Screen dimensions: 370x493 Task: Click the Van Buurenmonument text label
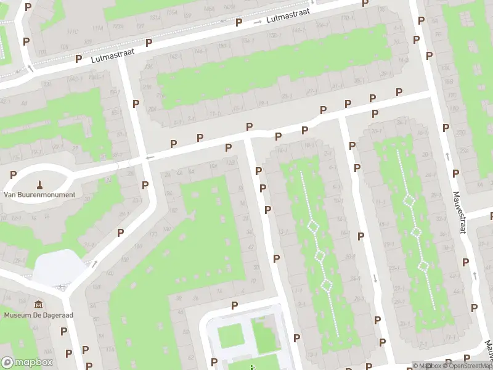pyautogui.click(x=39, y=195)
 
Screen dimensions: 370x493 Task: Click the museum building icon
pyautogui.click(x=39, y=305)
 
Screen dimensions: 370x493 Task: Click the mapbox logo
pyautogui.click(x=27, y=363)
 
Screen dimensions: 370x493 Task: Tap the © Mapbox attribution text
pyautogui.click(x=426, y=366)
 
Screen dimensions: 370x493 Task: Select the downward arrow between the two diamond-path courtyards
pyautogui.click(x=375, y=277)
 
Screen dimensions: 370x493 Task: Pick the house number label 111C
pyautogui.click(x=71, y=31)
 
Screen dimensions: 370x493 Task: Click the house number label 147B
pyautogui.click(x=210, y=8)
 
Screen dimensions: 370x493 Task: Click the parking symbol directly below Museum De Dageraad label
pyautogui.click(x=63, y=331)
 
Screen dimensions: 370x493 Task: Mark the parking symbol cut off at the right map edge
pyautogui.click(x=491, y=216)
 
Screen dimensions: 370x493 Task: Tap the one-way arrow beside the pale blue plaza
pyautogui.click(x=94, y=263)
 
